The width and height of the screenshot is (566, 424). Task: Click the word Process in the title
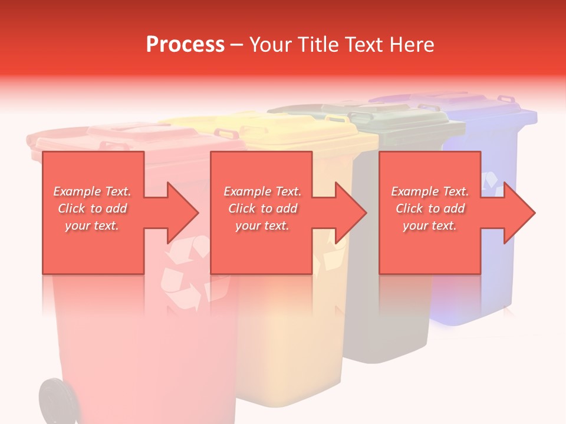click(x=185, y=44)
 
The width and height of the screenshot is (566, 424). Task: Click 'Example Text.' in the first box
click(x=92, y=191)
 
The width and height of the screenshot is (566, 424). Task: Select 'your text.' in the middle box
click(x=262, y=226)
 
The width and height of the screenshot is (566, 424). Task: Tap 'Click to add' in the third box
click(x=430, y=208)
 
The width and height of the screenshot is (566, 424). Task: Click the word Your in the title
click(x=271, y=44)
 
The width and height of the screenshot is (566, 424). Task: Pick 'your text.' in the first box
click(x=92, y=226)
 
